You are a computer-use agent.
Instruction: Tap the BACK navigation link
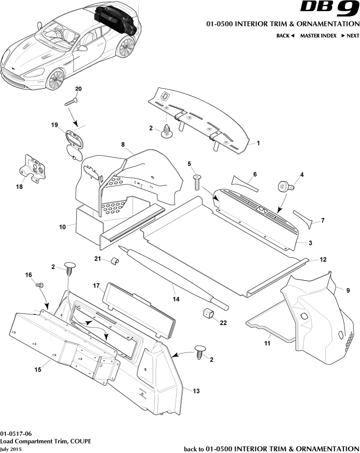point(285,36)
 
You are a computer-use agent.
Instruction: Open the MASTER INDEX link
point(318,36)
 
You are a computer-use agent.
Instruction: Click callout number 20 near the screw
point(78,89)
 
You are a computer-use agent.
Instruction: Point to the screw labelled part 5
point(197,183)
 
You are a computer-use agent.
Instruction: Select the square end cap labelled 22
point(208,312)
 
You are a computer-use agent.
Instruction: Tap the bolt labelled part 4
point(284,186)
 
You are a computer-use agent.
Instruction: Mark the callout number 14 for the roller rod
point(175,296)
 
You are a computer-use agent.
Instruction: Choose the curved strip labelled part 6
point(243,182)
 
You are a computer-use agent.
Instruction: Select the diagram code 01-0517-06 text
point(17,433)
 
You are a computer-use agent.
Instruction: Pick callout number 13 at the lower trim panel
point(196,391)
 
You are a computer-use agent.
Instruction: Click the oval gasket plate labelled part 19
point(74,139)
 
